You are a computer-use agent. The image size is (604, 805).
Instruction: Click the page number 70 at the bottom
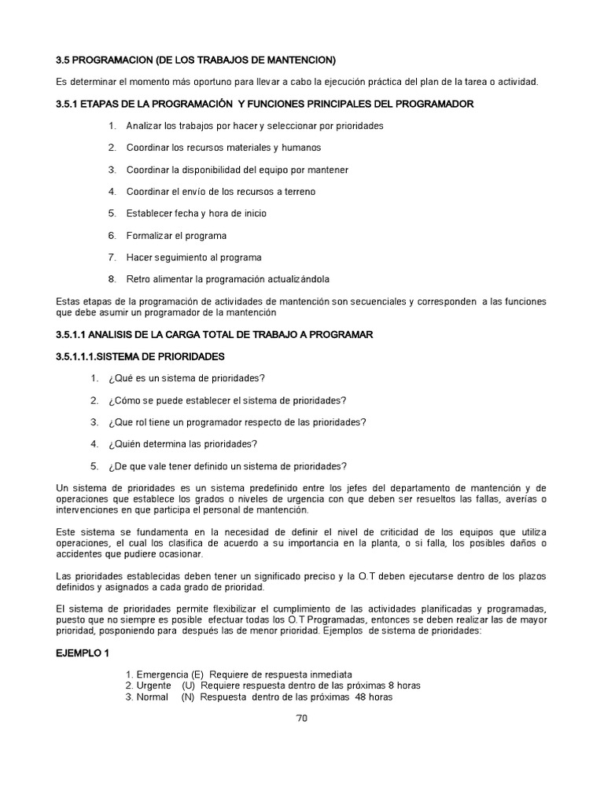[301, 719]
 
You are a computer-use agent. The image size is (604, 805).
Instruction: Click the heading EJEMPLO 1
[83, 653]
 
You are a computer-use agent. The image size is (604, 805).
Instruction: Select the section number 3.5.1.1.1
[81, 356]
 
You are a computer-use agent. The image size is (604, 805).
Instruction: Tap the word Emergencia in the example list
[162, 675]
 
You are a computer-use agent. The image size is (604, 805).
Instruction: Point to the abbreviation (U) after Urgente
[189, 686]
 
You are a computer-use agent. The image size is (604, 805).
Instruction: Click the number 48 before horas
[363, 697]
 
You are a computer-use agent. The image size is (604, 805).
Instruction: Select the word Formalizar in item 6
[150, 235]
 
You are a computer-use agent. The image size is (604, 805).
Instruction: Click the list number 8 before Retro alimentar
[112, 279]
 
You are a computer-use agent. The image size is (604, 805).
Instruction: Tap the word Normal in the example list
[152, 697]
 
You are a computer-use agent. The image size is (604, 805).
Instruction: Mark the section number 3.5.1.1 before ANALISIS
[75, 334]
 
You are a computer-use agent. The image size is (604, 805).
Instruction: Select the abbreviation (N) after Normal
[189, 697]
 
